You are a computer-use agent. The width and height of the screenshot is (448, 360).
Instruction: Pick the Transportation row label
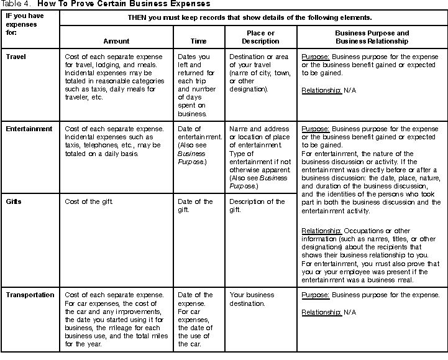tap(29, 294)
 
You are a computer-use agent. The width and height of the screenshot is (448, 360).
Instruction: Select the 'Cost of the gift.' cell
tap(89, 201)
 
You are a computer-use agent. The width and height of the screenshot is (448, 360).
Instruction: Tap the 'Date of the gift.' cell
tap(195, 206)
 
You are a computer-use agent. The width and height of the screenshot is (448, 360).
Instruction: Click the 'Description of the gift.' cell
tap(257, 206)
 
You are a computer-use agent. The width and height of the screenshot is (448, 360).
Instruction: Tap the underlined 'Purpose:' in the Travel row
tap(316, 57)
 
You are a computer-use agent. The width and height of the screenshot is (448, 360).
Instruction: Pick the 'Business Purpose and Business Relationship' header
tap(372, 37)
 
